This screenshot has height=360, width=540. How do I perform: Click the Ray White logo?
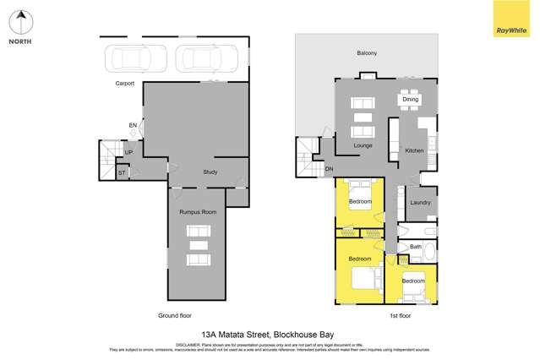coord(510,19)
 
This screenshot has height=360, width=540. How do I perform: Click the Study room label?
coord(210,172)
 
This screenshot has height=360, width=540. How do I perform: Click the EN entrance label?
coord(133,126)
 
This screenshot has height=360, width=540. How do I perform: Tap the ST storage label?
coord(122,172)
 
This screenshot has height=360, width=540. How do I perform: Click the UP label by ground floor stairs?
coord(128,152)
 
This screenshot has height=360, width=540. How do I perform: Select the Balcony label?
coord(367,53)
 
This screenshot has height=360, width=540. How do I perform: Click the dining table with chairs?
coord(410,100)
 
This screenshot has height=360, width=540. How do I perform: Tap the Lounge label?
coord(363,145)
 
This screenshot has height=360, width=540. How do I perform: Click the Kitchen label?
coord(414,150)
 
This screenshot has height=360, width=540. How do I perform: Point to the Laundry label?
coord(420,203)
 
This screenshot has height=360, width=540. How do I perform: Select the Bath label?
coord(415,247)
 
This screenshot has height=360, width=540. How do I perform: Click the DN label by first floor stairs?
coord(329,169)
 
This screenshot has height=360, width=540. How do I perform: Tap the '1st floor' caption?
coord(400,315)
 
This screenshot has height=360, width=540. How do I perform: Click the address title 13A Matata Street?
coord(270,334)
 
